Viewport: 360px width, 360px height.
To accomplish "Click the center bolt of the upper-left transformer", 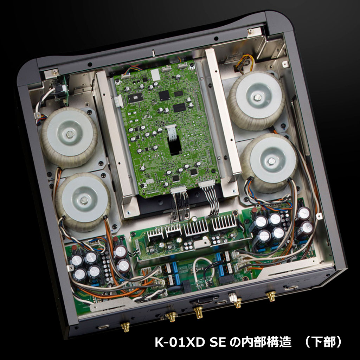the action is coord(70,135).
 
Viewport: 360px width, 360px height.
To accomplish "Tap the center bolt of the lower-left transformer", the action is coord(84,200).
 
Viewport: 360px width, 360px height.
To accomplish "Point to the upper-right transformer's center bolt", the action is coord(258,97).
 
